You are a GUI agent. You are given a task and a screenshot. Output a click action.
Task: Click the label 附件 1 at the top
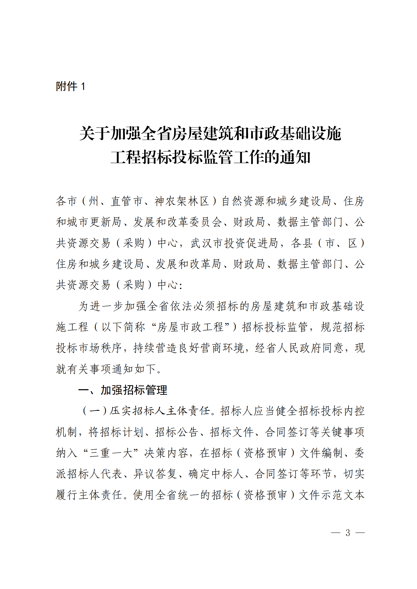click(x=70, y=86)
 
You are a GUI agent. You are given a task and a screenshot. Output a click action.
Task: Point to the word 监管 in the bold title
click(x=218, y=157)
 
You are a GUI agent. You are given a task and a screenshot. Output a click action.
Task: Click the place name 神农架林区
click(x=182, y=201)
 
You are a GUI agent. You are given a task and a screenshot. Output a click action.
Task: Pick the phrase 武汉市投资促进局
click(x=234, y=243)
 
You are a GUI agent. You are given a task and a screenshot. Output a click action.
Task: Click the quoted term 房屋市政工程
click(x=190, y=327)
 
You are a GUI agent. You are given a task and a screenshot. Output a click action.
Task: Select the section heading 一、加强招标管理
click(x=123, y=390)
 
